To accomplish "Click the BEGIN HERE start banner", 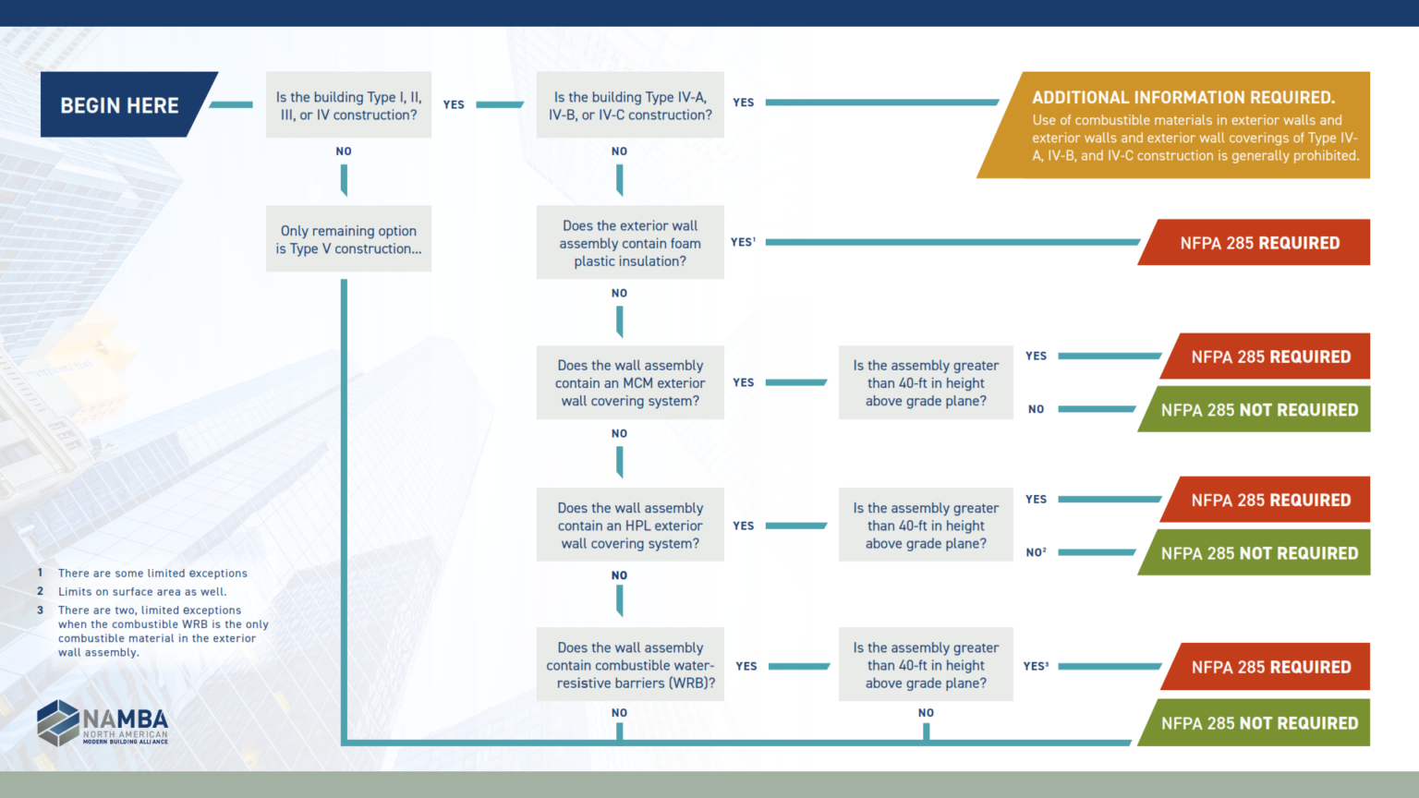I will point(120,105).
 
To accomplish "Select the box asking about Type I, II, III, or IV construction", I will point(348,105).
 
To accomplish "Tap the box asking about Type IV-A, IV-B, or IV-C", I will point(630,105).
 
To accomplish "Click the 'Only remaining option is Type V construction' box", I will point(348,239).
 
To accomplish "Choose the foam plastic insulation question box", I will point(630,243).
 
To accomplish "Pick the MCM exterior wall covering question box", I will point(630,383).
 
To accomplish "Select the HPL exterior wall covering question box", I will point(630,526).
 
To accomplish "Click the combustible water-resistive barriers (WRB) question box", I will point(630,665).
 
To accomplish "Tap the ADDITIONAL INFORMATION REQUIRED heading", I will point(1182,98).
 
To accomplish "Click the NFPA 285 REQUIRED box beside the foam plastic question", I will point(1259,243).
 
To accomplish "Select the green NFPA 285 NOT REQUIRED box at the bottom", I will point(1259,723).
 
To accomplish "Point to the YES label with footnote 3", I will point(1036,666).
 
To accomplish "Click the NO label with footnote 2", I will point(1036,552).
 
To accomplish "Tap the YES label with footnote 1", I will point(743,242).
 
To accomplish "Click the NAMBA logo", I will point(103,723).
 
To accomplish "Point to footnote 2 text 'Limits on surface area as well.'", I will point(142,592).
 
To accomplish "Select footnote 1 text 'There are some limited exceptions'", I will point(152,574).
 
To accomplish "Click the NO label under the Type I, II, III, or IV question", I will point(344,151).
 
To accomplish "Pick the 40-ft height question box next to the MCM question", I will point(926,383).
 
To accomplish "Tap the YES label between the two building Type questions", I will point(454,105).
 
